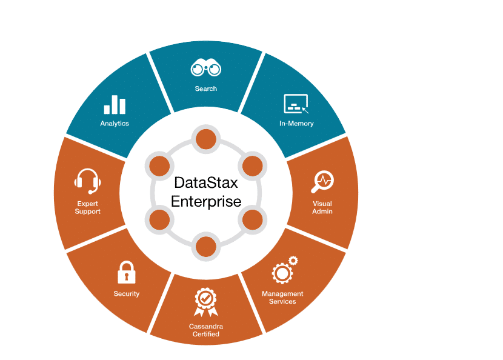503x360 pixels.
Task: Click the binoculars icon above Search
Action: coord(205,68)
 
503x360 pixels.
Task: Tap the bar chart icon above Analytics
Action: coord(115,105)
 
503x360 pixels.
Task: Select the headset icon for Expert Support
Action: coord(87,181)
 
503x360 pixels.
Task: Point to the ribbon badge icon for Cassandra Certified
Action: coord(205,302)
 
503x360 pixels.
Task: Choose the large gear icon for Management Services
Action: coord(282,274)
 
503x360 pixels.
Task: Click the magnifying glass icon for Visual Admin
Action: coord(322,181)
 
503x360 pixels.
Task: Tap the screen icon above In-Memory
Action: coord(296,104)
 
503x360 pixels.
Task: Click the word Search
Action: coord(206,88)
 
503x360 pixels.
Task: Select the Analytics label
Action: coord(115,124)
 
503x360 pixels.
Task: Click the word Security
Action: coord(127,294)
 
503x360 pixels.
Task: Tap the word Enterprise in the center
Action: coord(206,201)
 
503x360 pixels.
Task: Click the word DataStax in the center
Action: coord(205,182)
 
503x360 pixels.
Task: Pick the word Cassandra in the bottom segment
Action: coord(206,326)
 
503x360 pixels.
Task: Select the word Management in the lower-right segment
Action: coord(282,294)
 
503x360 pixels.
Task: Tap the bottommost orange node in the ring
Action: coord(205,245)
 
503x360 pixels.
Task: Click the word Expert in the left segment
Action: coord(88,204)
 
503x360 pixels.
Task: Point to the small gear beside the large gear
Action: coord(293,261)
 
